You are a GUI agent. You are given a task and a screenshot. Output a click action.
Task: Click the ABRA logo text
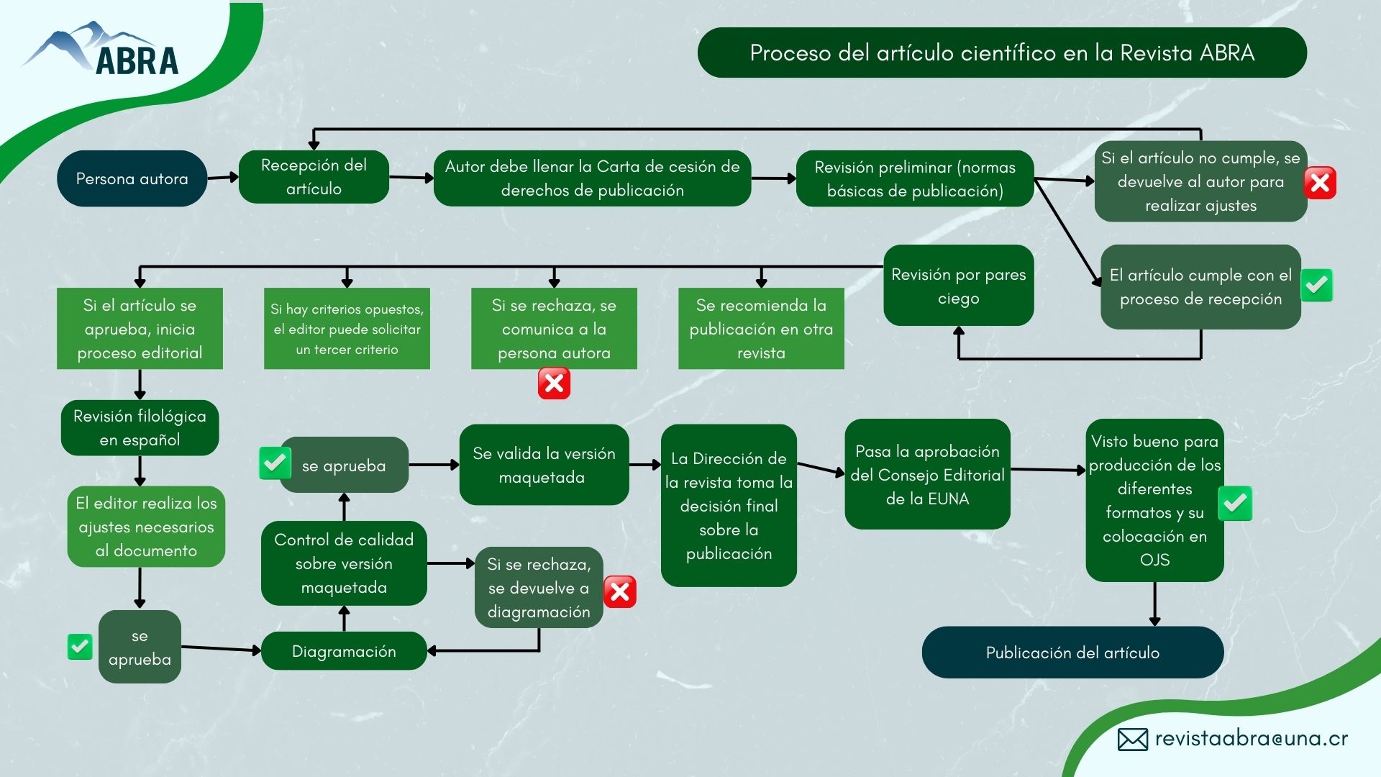click(x=137, y=61)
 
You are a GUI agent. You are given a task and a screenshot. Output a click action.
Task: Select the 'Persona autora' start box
click(x=132, y=178)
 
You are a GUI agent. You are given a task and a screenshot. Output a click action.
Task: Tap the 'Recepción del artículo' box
click(x=314, y=177)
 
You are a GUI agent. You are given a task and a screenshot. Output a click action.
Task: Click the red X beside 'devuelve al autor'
click(x=1320, y=183)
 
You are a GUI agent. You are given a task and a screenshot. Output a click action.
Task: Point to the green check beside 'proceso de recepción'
click(x=1316, y=286)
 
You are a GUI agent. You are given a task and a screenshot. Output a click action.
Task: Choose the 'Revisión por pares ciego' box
click(x=958, y=286)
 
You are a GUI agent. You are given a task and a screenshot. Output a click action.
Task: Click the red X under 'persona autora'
click(x=554, y=383)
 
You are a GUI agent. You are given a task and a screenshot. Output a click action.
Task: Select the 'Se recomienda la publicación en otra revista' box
click(x=761, y=329)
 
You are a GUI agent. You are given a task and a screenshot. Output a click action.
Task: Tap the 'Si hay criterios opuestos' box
click(x=347, y=329)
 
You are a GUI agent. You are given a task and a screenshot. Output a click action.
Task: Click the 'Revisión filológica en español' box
click(x=140, y=428)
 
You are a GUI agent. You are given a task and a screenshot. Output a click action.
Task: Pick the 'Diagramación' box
click(x=344, y=651)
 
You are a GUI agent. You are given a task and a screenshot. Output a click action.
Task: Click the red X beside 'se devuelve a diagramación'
click(x=619, y=591)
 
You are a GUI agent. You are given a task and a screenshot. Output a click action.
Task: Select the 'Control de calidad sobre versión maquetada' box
click(x=344, y=563)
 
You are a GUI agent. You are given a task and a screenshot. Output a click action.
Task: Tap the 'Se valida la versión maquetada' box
click(x=544, y=465)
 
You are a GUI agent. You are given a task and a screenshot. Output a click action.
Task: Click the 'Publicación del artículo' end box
click(x=1072, y=653)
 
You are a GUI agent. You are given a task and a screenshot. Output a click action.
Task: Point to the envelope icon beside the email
click(x=1132, y=740)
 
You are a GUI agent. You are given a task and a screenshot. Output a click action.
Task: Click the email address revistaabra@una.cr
click(x=1252, y=739)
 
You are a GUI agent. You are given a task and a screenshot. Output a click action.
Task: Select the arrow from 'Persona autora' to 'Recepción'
click(x=223, y=177)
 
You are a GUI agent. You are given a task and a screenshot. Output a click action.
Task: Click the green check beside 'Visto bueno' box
click(x=1235, y=503)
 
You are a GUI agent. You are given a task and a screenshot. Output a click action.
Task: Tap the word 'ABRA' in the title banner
click(x=1227, y=53)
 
